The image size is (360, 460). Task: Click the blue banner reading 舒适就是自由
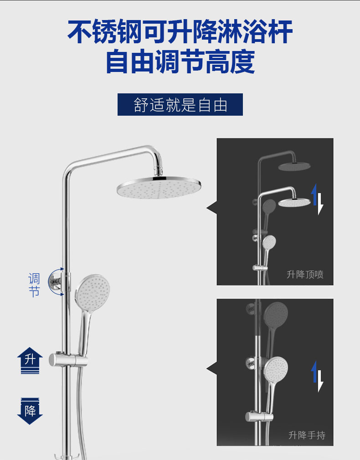coord(180,104)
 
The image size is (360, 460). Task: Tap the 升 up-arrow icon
coord(30,360)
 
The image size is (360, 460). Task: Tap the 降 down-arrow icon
coord(30,411)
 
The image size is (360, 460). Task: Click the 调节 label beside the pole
coord(34,285)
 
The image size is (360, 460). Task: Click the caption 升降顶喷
coord(305,274)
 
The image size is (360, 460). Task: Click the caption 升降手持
coord(307,435)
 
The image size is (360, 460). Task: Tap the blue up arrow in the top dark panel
coord(314,194)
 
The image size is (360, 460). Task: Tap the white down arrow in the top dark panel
coord(320,204)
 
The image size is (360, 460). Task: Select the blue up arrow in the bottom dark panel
coord(314,371)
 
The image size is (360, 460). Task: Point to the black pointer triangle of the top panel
coord(211,209)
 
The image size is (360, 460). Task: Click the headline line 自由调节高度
coord(180,62)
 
